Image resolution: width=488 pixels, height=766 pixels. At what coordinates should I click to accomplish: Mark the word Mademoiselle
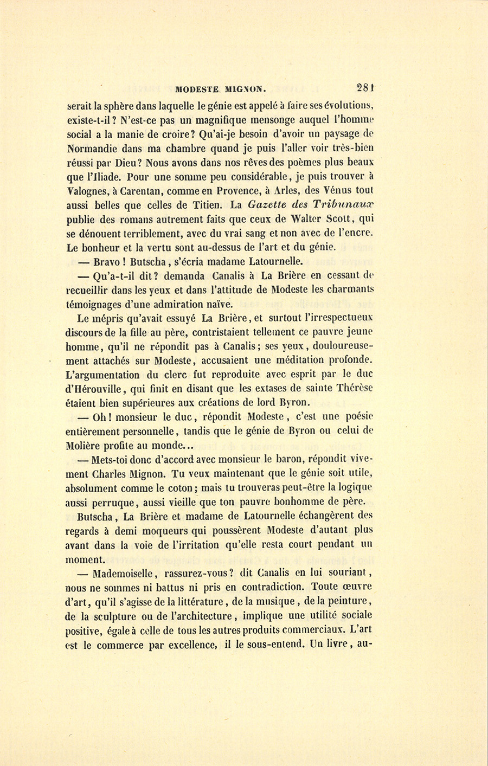point(124,573)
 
